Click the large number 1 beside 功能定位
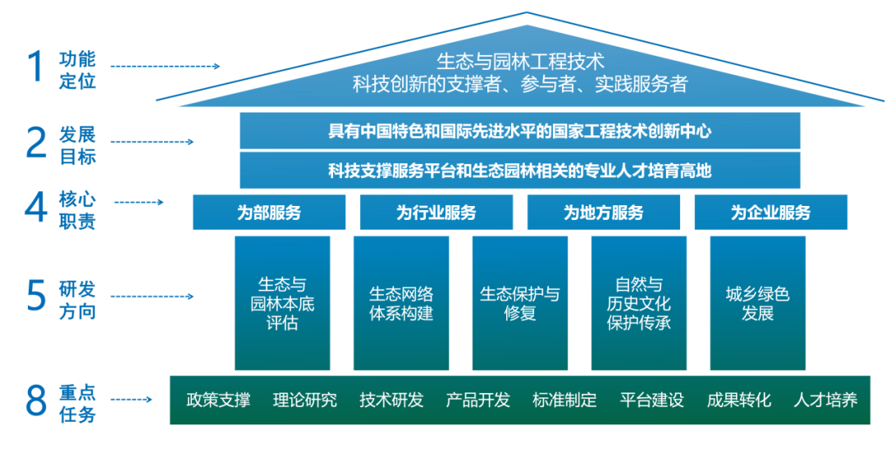point(35,67)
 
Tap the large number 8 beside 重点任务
point(36,401)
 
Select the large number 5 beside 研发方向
point(35,296)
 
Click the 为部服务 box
point(270,213)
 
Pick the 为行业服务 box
point(436,213)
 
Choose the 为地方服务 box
point(604,213)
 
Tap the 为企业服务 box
point(770,213)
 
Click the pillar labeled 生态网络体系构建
point(401,303)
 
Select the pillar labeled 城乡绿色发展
point(757,303)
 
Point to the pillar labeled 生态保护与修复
point(520,303)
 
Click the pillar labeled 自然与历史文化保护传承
point(638,303)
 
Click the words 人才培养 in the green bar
point(825,401)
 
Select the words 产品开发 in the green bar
point(478,401)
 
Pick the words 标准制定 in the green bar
point(565,401)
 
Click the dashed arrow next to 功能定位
point(164,66)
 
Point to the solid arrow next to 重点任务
point(131,401)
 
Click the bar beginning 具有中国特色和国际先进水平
point(519,131)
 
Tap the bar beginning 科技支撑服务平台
point(519,171)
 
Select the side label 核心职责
point(77,211)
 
